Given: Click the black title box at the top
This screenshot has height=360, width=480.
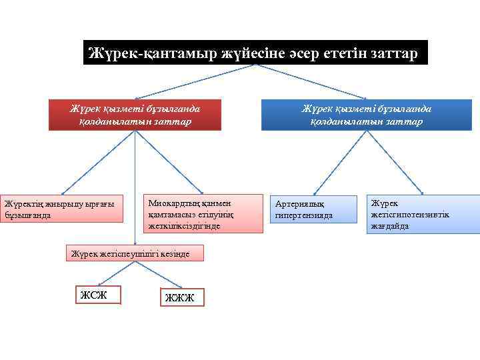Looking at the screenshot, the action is coord(255,53).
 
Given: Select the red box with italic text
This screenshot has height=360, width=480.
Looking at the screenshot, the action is coord(135,115).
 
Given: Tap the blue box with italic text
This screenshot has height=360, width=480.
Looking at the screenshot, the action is coord(366,115).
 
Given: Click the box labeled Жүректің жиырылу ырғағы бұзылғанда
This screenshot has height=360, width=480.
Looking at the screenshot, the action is coord(62,209).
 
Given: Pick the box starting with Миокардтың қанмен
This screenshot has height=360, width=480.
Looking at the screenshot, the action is coord(195,213).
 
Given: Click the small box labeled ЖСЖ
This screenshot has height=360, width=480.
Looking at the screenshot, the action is coord(98,295).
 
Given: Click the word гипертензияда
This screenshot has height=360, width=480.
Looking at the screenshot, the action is coord(304,216).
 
